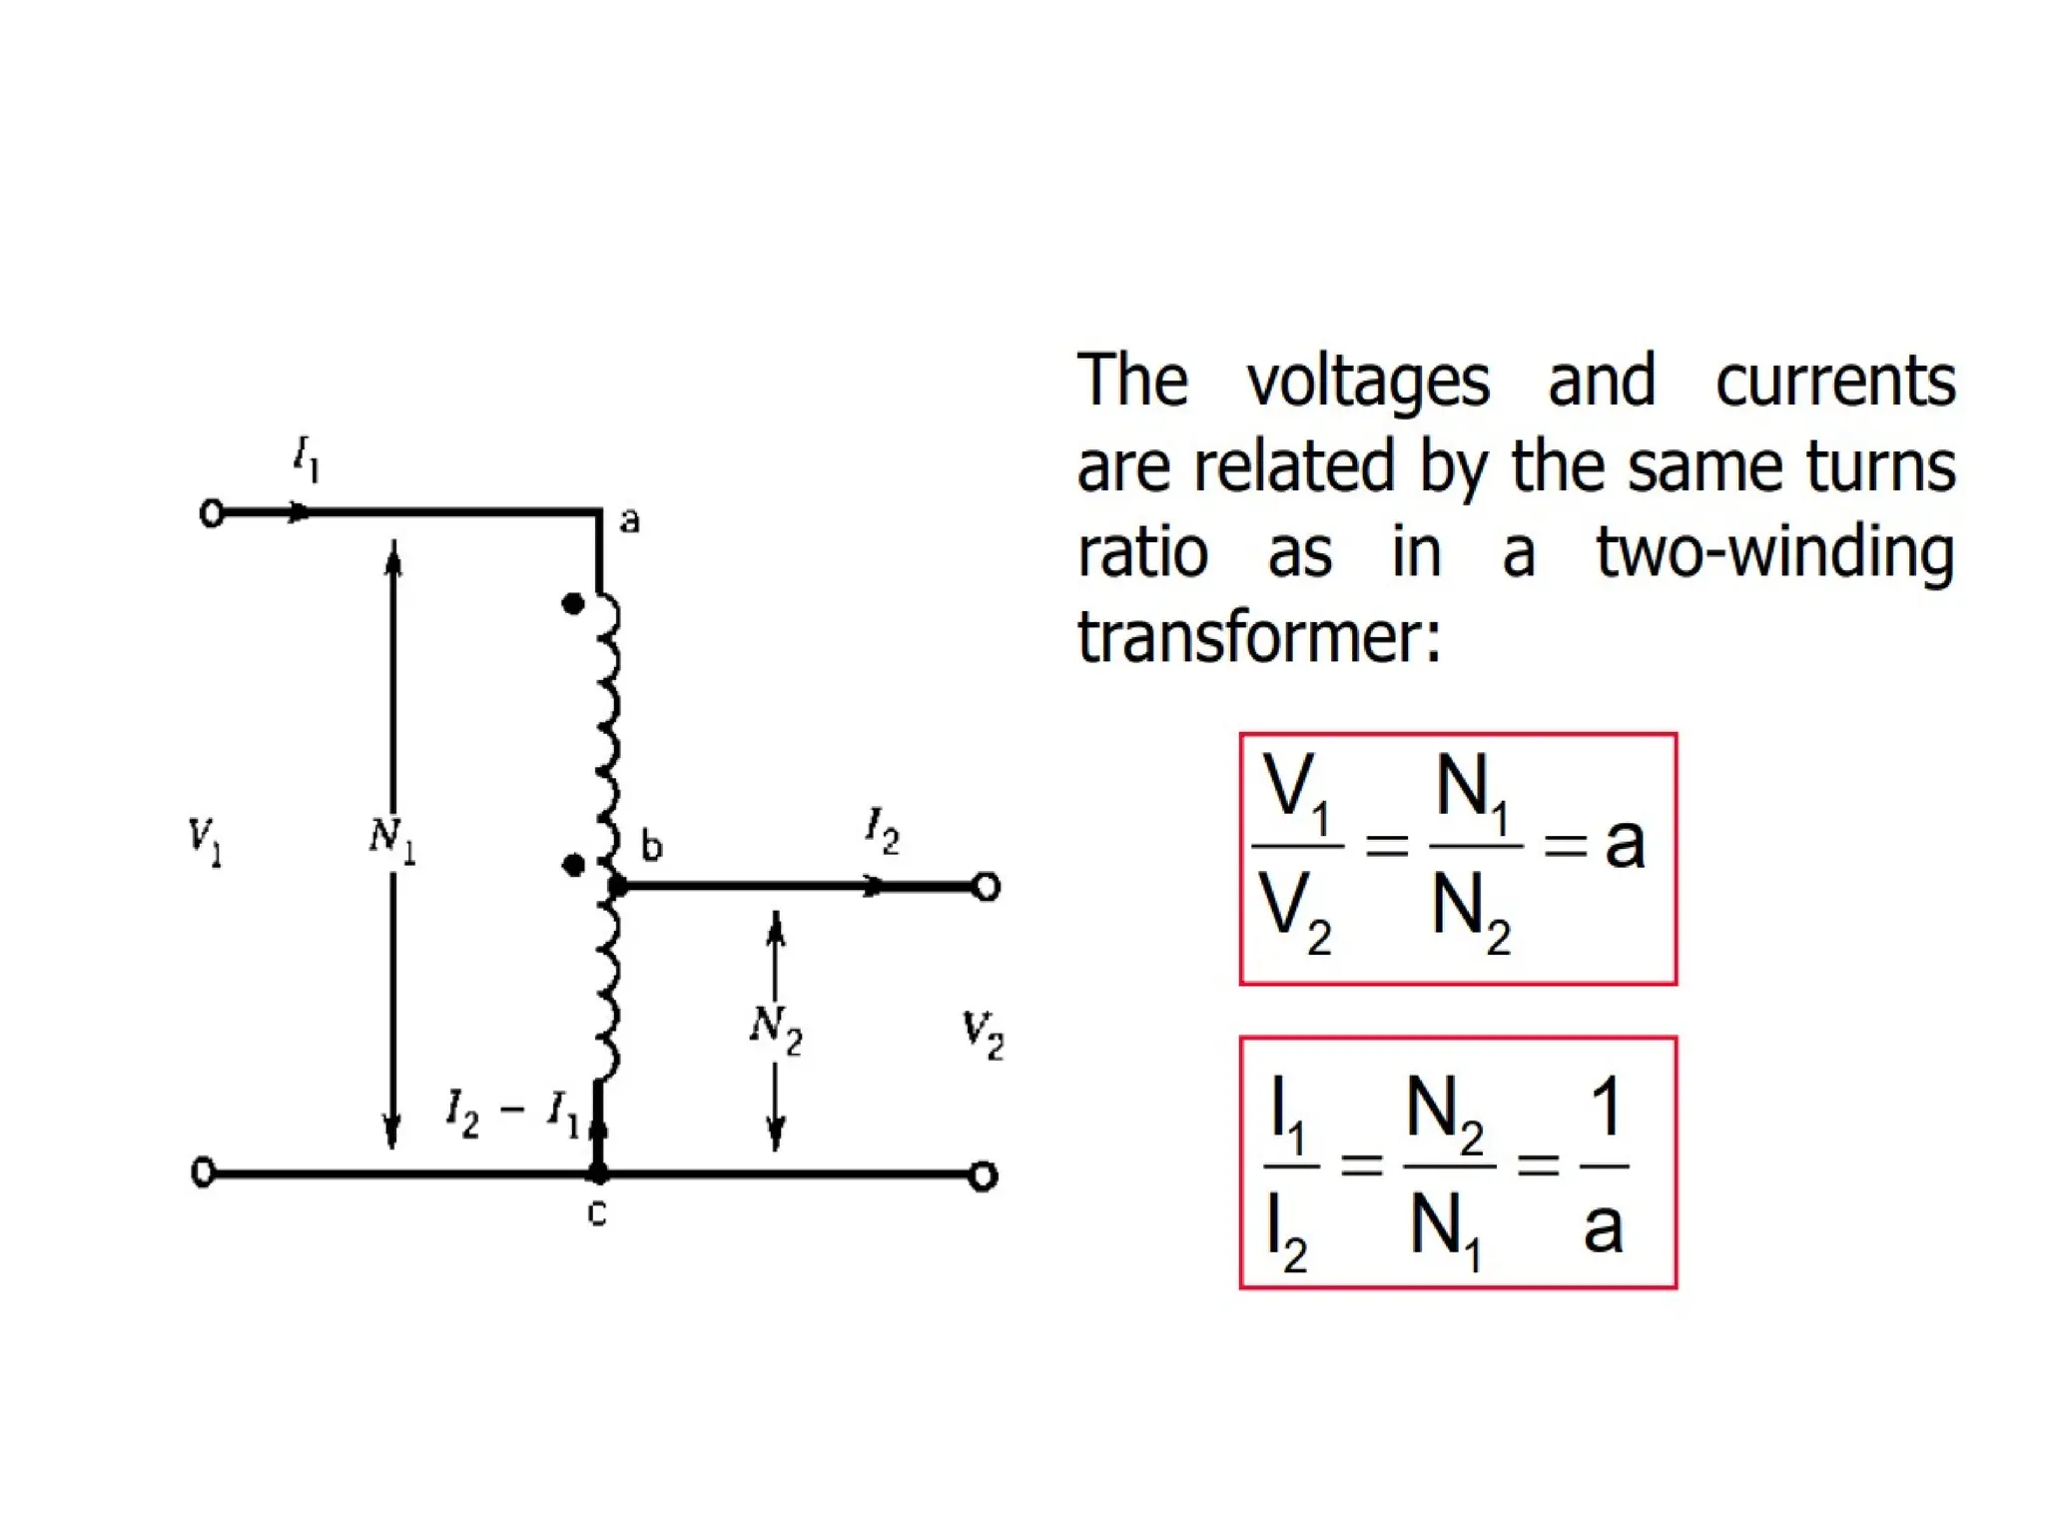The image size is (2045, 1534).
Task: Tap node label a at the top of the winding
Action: (x=629, y=520)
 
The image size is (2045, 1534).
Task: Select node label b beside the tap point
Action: (x=651, y=846)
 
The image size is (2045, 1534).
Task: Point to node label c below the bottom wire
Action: (x=597, y=1212)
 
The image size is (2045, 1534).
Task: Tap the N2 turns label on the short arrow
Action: (x=776, y=1028)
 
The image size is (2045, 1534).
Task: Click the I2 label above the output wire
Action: (x=882, y=831)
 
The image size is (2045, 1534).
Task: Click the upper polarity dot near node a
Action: (x=573, y=603)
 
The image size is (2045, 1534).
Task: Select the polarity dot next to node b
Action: (x=573, y=865)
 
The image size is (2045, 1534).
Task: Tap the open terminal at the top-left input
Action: (x=212, y=513)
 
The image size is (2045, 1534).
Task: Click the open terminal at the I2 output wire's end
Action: (x=987, y=887)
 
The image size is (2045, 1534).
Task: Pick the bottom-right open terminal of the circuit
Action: (x=983, y=1176)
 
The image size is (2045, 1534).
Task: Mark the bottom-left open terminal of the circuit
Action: (x=204, y=1172)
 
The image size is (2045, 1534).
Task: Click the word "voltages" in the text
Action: (x=1368, y=383)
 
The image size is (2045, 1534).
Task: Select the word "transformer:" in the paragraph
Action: (x=1259, y=636)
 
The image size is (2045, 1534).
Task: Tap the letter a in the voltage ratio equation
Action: (x=1625, y=844)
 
